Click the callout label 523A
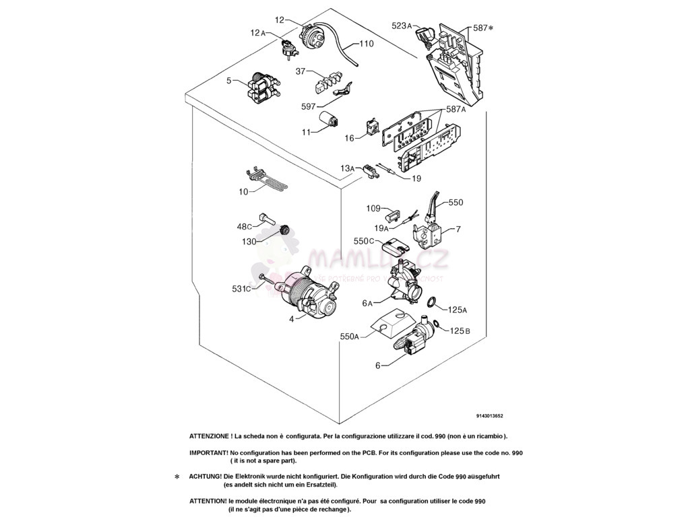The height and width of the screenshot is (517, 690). pos(402,26)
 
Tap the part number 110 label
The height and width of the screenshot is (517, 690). pos(366,44)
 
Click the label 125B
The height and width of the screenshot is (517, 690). pos(460,331)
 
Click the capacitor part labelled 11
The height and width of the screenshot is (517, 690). pos(330,125)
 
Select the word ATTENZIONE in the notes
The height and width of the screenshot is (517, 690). pos(211,436)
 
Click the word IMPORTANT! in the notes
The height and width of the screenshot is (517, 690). pos(208,453)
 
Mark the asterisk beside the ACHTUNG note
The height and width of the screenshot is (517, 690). pos(177,477)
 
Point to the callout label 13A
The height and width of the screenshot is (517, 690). pos(347,168)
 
